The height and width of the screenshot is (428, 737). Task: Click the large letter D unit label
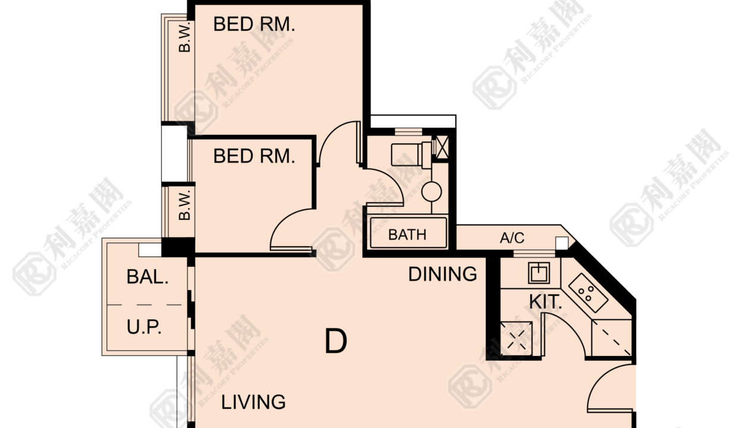tap(336, 341)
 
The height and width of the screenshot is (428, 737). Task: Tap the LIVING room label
tap(253, 402)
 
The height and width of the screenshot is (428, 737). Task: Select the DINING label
tap(443, 274)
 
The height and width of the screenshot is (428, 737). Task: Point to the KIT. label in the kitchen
tap(545, 301)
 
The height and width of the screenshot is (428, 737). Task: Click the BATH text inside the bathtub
tap(407, 235)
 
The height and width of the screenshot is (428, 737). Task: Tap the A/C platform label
tap(512, 238)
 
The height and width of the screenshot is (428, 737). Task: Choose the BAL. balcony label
tap(147, 276)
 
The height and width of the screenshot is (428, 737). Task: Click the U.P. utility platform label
tap(144, 327)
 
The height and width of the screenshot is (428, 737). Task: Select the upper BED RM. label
tap(254, 24)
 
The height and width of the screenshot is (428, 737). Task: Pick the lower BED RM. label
tap(254, 156)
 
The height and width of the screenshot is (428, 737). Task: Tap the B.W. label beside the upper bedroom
tap(185, 37)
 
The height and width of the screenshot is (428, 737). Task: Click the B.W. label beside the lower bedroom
tap(185, 205)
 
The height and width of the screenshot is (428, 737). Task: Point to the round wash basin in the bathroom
tap(432, 192)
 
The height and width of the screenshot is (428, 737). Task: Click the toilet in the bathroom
tap(411, 155)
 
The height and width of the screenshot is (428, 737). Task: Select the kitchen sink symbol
tap(539, 273)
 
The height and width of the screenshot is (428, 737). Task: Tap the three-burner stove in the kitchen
tap(588, 293)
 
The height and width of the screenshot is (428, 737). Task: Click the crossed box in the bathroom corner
tap(442, 147)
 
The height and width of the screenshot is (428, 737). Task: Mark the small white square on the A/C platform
tap(562, 243)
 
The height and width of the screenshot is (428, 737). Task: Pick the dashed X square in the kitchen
tap(516, 339)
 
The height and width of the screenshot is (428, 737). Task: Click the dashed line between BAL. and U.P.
tap(145, 305)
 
